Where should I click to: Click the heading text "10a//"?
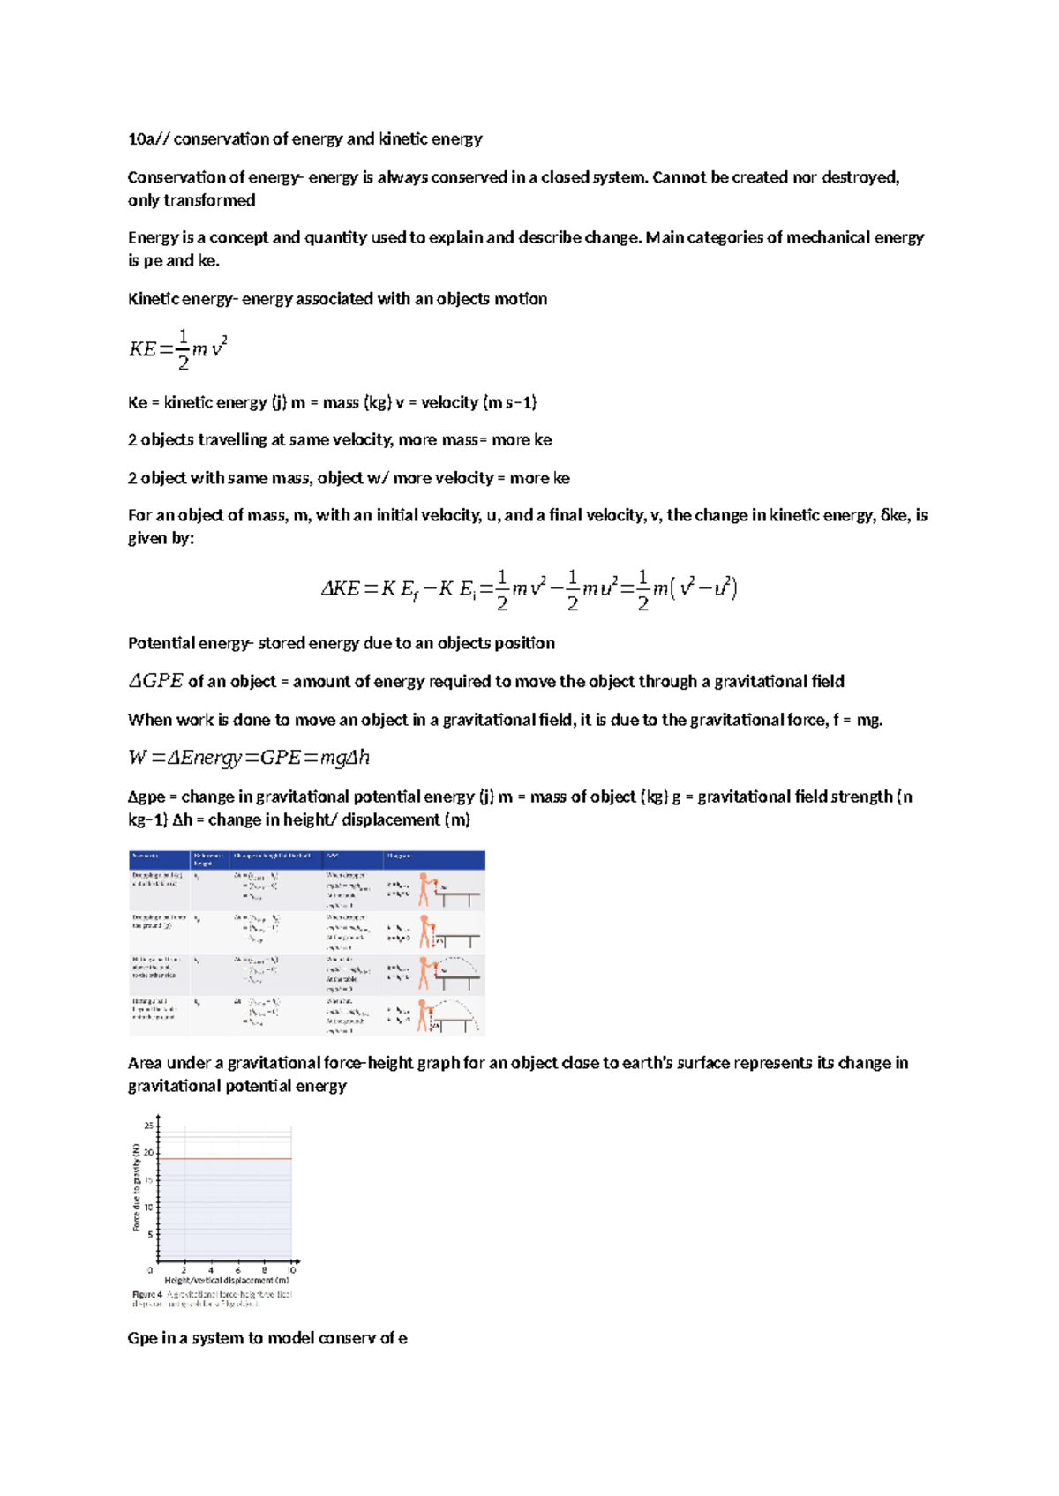(x=148, y=139)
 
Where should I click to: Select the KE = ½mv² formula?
(x=177, y=349)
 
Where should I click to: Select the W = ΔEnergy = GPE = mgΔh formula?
(x=248, y=758)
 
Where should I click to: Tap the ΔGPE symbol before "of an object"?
(x=155, y=681)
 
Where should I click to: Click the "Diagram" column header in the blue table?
(x=399, y=856)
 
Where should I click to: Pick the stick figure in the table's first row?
(x=424, y=889)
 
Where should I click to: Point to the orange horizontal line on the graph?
(x=225, y=1159)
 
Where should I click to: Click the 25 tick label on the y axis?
(x=148, y=1126)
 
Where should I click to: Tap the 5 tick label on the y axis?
(x=150, y=1234)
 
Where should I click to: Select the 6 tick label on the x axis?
(x=237, y=1271)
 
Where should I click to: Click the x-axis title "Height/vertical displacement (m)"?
(x=227, y=1281)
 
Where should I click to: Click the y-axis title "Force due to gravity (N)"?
(x=136, y=1187)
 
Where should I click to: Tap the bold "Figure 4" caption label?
(x=146, y=1295)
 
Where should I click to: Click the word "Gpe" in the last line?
(x=142, y=1338)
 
